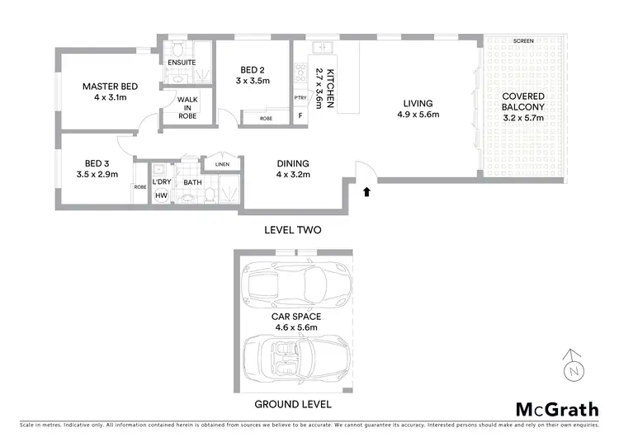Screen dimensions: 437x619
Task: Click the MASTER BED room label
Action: pyautogui.click(x=109, y=87)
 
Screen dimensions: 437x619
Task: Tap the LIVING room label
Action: pyautogui.click(x=418, y=103)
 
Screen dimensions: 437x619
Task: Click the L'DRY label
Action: pyautogui.click(x=160, y=181)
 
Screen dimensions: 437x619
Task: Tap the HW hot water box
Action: pyautogui.click(x=160, y=196)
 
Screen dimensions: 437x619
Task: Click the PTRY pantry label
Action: pyautogui.click(x=300, y=98)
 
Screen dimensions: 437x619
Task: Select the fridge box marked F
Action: pyautogui.click(x=300, y=116)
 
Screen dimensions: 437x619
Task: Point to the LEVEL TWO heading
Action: pyautogui.click(x=292, y=229)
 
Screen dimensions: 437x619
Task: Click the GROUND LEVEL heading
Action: pyautogui.click(x=294, y=405)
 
